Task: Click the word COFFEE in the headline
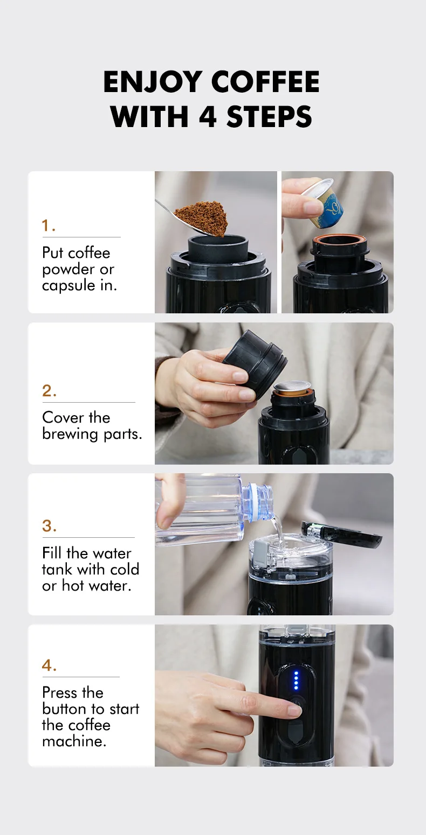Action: tap(265, 82)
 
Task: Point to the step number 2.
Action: tap(49, 391)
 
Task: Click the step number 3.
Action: tap(49, 526)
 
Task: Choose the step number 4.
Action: tap(49, 665)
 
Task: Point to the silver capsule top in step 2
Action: tap(292, 387)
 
